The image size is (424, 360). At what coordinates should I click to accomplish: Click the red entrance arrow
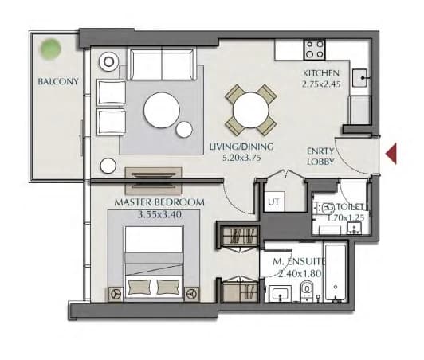click(x=392, y=154)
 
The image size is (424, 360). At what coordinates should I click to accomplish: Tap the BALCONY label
click(x=58, y=81)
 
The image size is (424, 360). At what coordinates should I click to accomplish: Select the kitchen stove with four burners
click(x=315, y=49)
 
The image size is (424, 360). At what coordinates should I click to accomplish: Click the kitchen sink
click(x=360, y=78)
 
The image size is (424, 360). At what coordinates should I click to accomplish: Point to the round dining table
click(x=251, y=110)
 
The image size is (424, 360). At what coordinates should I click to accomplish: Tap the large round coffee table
click(x=162, y=110)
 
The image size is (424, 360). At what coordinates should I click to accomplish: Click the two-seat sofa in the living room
click(x=162, y=65)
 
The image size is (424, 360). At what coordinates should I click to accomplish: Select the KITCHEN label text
click(x=321, y=73)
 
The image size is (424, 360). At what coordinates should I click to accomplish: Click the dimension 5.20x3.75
click(x=241, y=158)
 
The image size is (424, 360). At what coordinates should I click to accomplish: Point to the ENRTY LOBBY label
click(x=320, y=156)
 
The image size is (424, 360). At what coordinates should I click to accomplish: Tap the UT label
click(x=273, y=202)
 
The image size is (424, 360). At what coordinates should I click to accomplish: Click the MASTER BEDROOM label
click(x=159, y=202)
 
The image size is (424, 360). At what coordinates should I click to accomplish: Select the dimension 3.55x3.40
click(x=159, y=214)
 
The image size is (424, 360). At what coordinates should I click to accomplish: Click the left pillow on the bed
click(x=139, y=287)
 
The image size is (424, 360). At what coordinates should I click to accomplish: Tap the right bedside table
click(x=192, y=294)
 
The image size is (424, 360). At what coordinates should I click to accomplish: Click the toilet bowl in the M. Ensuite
click(x=307, y=289)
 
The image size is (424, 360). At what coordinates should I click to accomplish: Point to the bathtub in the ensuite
click(x=336, y=272)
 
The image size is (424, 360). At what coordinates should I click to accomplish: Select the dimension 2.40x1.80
click(x=300, y=274)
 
